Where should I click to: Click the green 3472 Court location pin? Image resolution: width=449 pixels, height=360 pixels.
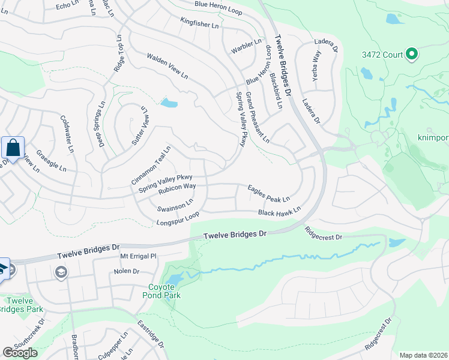[x=412, y=55]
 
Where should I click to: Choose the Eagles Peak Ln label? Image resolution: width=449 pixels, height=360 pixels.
[x=269, y=193]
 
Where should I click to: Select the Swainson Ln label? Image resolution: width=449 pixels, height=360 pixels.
[x=175, y=205]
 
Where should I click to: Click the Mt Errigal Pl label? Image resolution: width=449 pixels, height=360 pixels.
[x=138, y=256]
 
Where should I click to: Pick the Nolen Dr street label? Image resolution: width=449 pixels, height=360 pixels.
[x=127, y=272]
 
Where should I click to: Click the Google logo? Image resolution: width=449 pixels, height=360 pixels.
[x=20, y=353]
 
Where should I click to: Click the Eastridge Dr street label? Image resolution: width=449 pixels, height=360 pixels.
[x=151, y=336]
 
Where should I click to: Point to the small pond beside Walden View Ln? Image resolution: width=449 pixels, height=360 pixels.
[x=169, y=103]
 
